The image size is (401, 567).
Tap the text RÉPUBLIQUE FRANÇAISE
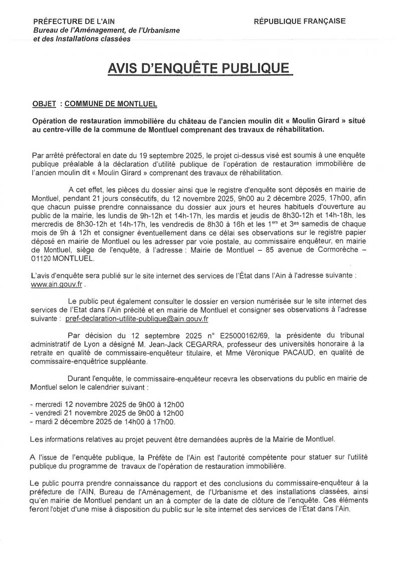tap(299, 21)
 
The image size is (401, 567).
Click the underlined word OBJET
tap(43, 104)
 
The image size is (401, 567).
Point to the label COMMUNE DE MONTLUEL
tap(111, 104)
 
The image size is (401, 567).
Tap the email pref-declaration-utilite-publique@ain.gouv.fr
tap(137, 318)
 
